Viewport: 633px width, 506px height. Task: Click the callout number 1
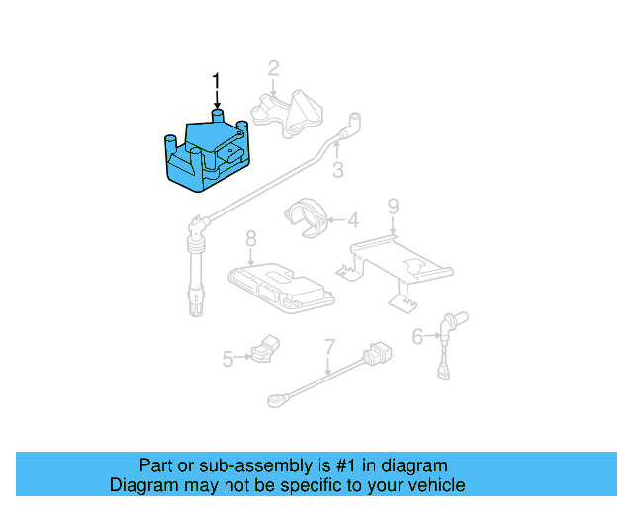pos(217,81)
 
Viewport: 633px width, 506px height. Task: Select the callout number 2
pos(273,68)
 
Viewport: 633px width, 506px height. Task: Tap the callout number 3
pos(337,171)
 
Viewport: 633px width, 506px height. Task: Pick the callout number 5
pos(227,359)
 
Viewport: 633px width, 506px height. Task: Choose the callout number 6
pos(417,337)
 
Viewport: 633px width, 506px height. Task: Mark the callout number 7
pos(329,347)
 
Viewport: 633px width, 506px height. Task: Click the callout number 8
pos(250,238)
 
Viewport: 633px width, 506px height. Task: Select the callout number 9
pos(393,207)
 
